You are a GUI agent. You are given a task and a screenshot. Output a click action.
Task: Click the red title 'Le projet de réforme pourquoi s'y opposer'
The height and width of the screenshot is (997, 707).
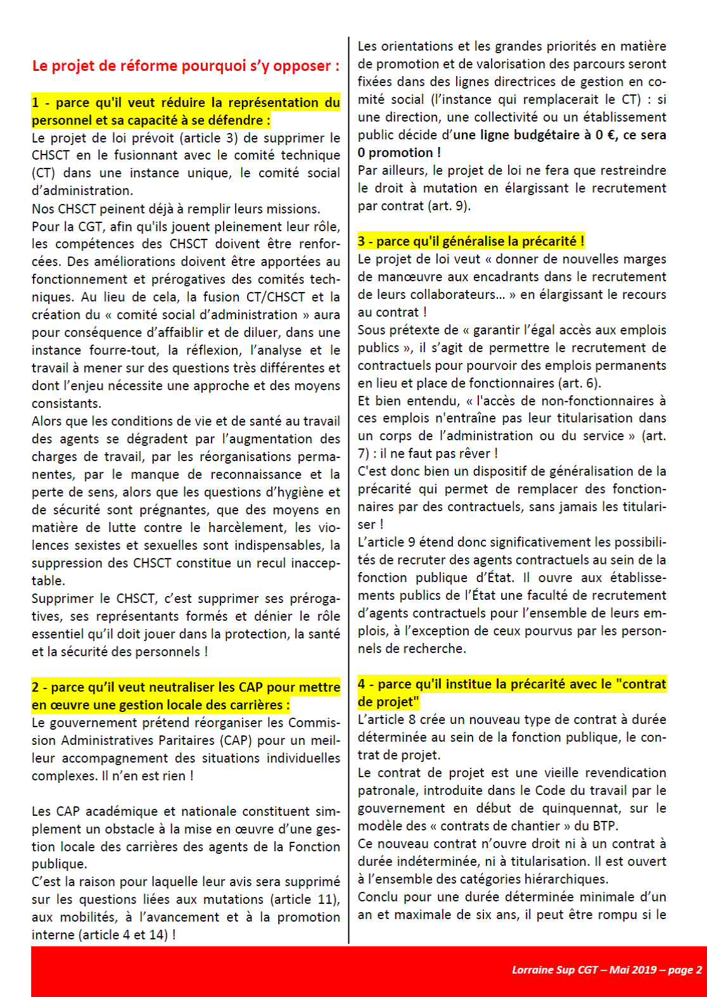[x=186, y=66]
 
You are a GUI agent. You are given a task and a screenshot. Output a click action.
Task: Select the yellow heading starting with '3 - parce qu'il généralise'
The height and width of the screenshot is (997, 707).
[x=471, y=241]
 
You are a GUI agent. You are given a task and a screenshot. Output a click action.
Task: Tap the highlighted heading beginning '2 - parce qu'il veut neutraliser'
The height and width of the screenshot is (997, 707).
[x=186, y=696]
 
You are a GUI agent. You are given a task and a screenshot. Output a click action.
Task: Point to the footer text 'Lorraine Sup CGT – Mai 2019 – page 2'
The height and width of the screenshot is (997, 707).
[x=607, y=970]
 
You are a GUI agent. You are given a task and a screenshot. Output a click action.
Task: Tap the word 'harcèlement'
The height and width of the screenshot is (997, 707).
[x=248, y=528]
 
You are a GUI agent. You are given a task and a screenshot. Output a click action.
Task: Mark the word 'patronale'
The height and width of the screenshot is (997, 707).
[x=387, y=791]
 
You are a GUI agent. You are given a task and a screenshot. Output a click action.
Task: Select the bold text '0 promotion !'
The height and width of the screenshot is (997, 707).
[x=399, y=153]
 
